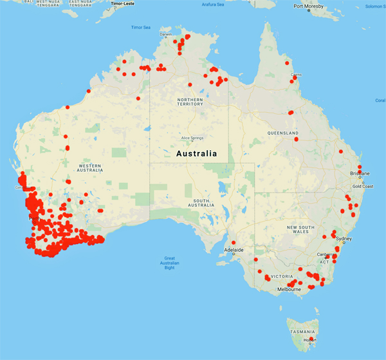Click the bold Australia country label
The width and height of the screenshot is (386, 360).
click(x=197, y=154)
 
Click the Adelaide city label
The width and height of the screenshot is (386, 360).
click(x=234, y=249)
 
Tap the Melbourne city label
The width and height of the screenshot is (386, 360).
click(x=289, y=290)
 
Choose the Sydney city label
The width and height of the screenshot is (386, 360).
click(x=344, y=239)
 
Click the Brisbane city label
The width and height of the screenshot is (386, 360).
click(x=360, y=174)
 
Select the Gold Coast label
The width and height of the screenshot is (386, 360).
click(x=363, y=186)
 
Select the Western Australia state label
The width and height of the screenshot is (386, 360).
click(x=89, y=167)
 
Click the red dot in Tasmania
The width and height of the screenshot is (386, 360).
click(x=310, y=339)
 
